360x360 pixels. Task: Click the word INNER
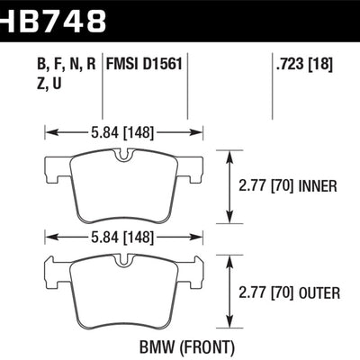point(319,186)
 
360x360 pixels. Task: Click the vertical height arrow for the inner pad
point(232,186)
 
